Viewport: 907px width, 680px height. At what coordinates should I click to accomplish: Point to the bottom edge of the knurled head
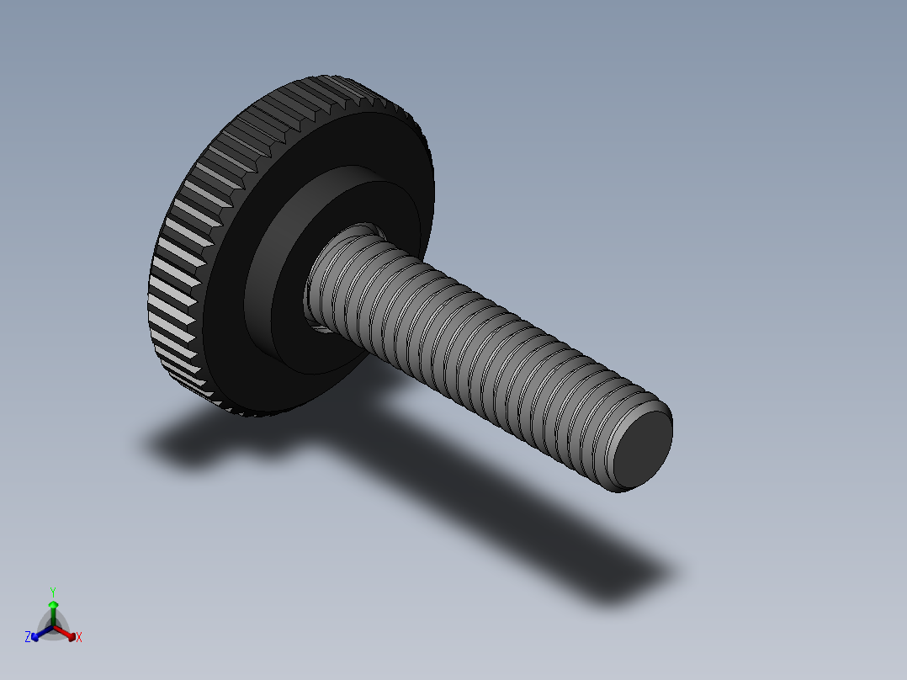[x=252, y=412]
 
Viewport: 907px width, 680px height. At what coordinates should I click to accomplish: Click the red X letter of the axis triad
[x=79, y=638]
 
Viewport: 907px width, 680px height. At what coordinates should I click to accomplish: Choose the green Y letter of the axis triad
[x=53, y=592]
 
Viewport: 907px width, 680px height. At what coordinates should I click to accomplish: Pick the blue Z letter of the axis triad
[x=28, y=638]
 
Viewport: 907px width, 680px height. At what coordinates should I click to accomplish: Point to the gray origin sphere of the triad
[x=53, y=627]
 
